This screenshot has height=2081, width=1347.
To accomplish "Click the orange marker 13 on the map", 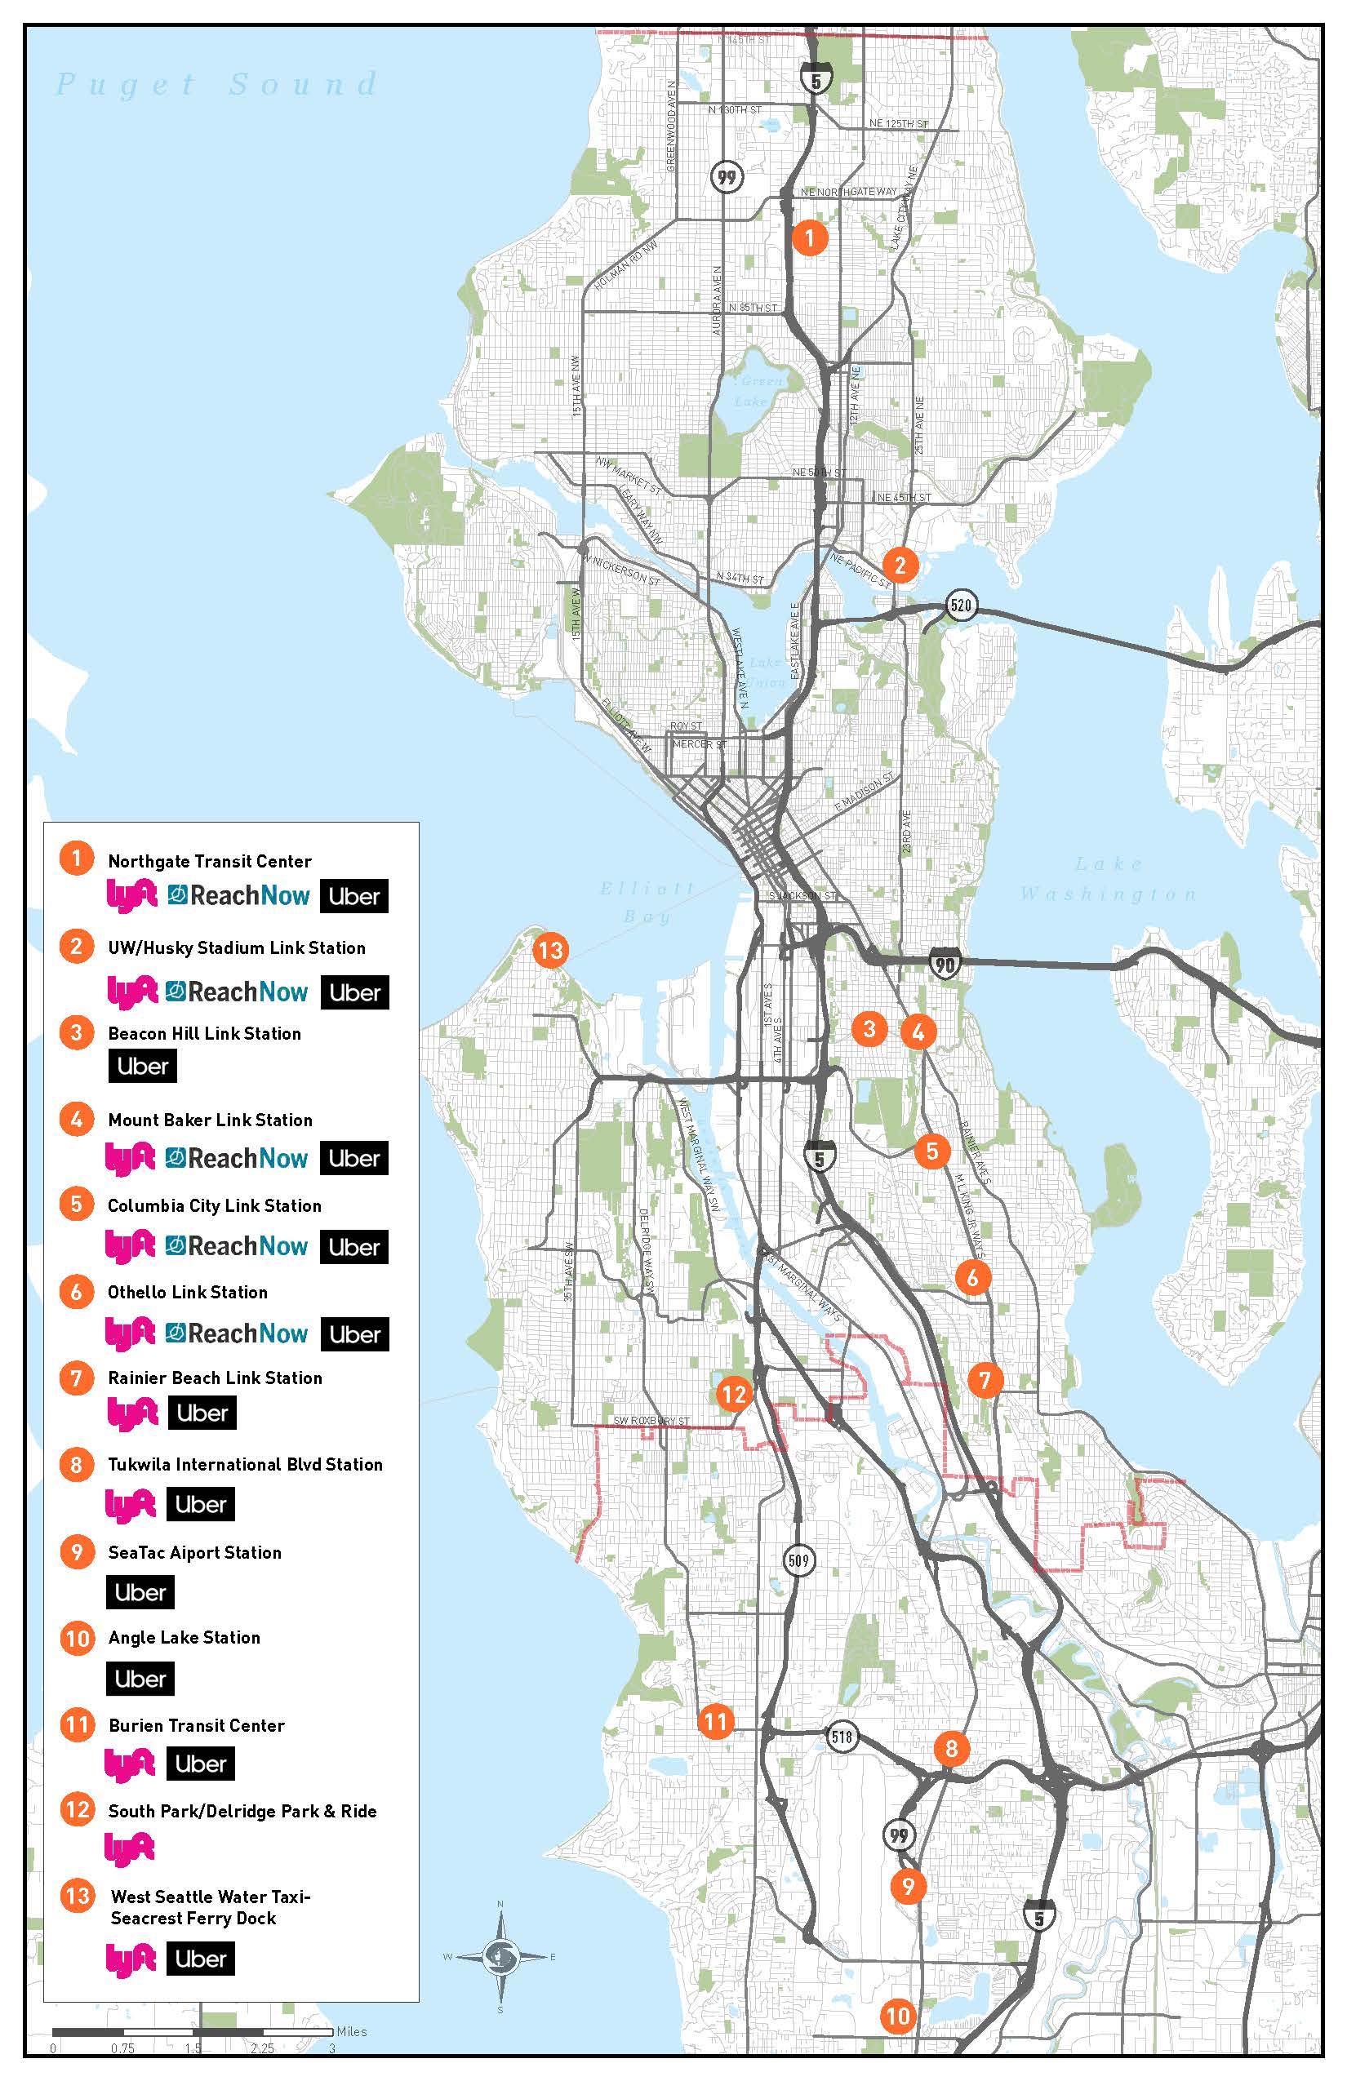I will click(550, 950).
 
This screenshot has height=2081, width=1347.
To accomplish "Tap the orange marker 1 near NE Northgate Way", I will click(809, 237).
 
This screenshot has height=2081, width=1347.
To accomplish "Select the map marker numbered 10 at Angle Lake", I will click(897, 2017).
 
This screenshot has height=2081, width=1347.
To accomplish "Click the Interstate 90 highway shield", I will click(944, 964).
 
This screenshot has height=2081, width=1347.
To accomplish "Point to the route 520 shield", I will click(960, 604).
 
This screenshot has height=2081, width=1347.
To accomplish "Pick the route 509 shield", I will click(798, 1560).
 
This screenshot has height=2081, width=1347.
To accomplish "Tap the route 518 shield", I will click(842, 1737).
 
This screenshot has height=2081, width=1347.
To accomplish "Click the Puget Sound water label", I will click(216, 85).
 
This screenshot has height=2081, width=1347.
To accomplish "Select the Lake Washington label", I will click(1109, 879).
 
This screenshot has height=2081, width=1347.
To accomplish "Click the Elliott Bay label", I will click(647, 902).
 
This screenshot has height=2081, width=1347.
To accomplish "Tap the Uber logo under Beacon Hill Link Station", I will click(143, 1066).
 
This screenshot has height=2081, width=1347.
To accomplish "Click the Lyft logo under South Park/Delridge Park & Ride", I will click(130, 1848).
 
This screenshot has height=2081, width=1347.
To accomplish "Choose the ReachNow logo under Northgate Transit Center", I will click(238, 895).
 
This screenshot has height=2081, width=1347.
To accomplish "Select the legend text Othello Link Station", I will click(187, 1293).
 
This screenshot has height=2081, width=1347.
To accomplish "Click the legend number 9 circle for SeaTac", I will click(77, 1552).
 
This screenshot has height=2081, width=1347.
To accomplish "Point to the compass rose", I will click(501, 1956).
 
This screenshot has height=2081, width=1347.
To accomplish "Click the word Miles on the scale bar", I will click(352, 2031).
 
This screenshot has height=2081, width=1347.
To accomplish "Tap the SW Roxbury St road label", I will click(651, 1421).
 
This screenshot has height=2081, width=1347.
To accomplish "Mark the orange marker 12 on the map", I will click(733, 1394).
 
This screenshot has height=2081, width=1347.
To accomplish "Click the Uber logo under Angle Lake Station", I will click(140, 1679).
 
